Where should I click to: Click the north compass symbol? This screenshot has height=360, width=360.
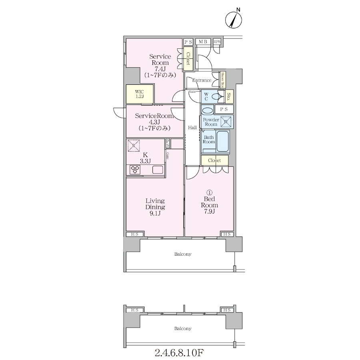point(234,20)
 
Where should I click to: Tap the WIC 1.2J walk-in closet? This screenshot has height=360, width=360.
point(140,94)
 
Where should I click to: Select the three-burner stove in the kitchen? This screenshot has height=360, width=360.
point(135,170)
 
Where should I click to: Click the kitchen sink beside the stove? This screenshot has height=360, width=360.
point(158,170)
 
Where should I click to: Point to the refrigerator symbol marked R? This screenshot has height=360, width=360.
point(133,146)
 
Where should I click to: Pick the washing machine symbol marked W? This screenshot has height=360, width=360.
point(226,122)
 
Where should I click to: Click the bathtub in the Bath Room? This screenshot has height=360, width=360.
point(223,141)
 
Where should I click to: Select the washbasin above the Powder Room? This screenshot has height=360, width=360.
point(208,110)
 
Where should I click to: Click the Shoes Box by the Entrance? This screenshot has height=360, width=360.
point(223,80)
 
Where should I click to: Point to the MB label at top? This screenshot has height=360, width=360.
point(203,42)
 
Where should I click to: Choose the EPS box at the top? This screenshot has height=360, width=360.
point(217,42)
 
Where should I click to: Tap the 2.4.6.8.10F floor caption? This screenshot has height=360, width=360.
point(179,352)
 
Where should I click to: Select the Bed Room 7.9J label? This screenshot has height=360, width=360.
point(209,205)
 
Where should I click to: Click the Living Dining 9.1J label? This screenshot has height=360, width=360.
point(155,207)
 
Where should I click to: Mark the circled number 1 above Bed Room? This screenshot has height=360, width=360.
point(210,192)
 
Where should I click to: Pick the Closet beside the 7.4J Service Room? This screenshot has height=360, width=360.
point(188,58)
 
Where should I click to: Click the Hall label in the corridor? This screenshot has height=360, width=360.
point(192,128)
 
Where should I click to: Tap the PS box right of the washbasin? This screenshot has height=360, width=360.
point(224,109)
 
